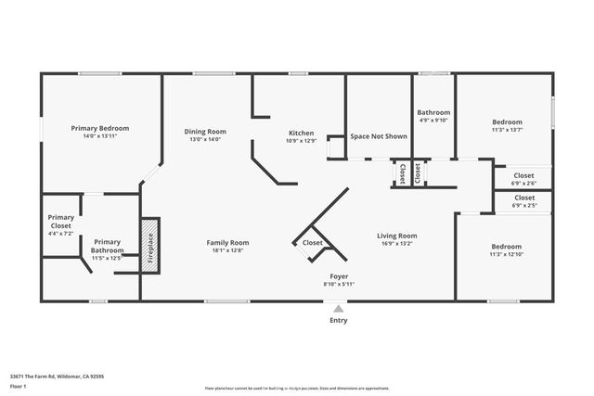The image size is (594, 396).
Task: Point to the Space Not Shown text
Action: pyautogui.click(x=379, y=136)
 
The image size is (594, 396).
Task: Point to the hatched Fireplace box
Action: pyautogui.click(x=150, y=244)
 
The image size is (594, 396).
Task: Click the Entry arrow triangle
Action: pyautogui.click(x=339, y=308)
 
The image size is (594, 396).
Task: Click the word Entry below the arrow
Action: pyautogui.click(x=339, y=321)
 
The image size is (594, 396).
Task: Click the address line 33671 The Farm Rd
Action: pyautogui.click(x=57, y=376)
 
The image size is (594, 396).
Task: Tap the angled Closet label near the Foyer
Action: pyautogui.click(x=313, y=243)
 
